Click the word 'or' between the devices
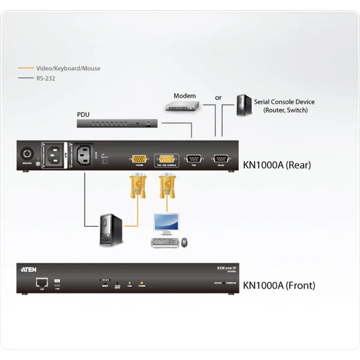pos(218,97)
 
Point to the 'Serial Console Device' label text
pos(284,102)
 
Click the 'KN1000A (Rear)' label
pos(277,164)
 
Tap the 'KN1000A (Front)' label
pos(278,286)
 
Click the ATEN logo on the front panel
pos(29,270)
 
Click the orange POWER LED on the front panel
pos(142,283)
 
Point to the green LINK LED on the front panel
pos(130,283)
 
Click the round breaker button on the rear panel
pos(26,153)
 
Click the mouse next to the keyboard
pos(184,242)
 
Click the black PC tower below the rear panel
pos(110,229)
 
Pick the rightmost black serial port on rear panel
pos(220,159)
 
